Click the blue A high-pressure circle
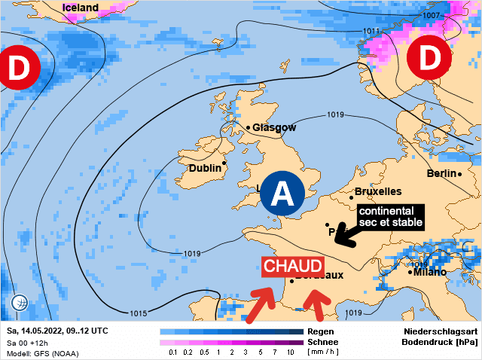tap(282, 194)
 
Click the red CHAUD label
tap(293, 267)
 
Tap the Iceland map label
tap(80, 8)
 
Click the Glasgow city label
tap(274, 127)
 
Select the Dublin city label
tap(205, 168)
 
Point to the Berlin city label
tap(442, 173)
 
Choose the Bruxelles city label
tap(377, 191)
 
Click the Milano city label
tap(429, 272)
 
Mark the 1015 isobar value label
tap(139, 313)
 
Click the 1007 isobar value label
tap(432, 15)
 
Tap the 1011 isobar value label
tap(371, 31)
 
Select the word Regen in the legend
tap(321, 331)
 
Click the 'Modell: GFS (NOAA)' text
tap(42, 353)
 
